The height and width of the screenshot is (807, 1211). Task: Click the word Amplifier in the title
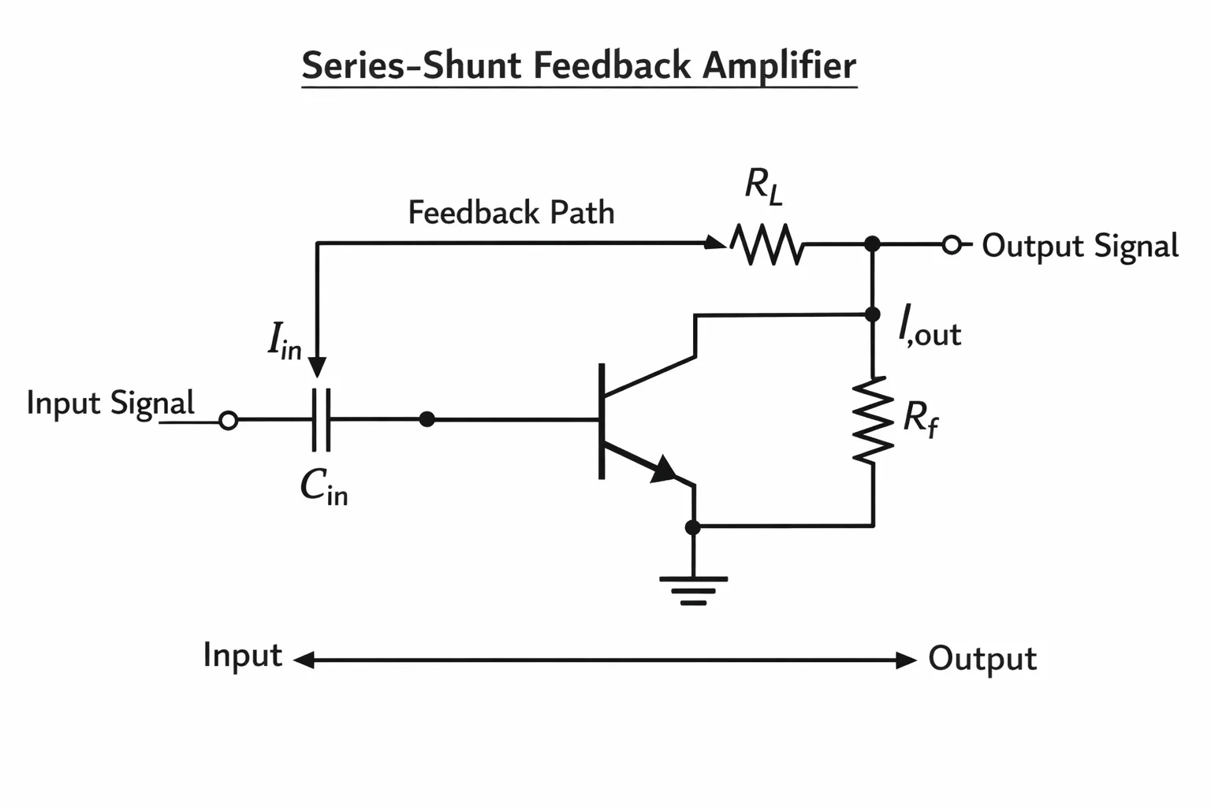[x=779, y=66]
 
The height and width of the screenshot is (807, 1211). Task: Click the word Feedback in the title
[x=612, y=65]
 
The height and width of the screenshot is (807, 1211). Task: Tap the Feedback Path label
[x=512, y=212]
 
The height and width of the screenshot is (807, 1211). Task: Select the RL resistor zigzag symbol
[x=766, y=244]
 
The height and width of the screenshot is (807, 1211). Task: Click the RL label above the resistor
[x=763, y=187]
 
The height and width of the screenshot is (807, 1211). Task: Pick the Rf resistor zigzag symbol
[x=873, y=420]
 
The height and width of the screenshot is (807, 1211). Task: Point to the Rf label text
[x=921, y=419]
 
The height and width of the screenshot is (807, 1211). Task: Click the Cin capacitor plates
[x=321, y=419]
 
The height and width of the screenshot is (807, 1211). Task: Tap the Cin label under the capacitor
[x=324, y=487]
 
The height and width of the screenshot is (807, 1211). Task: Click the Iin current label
[x=285, y=340]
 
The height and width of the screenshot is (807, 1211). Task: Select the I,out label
[x=930, y=326]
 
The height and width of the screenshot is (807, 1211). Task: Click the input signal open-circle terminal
[x=228, y=421]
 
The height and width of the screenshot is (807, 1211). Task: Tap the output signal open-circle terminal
[x=952, y=245]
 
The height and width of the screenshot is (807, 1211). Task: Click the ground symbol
[x=693, y=591]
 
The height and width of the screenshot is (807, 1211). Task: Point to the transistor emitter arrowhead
[x=663, y=469]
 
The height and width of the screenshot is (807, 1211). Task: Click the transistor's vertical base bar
[x=602, y=421]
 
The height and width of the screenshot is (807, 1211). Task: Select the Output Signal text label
[x=1080, y=247]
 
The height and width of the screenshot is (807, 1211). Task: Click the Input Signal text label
[x=110, y=403]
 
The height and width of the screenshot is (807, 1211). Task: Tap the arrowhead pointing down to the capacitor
[x=318, y=367]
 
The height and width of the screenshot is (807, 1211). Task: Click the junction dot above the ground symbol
[x=692, y=527]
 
